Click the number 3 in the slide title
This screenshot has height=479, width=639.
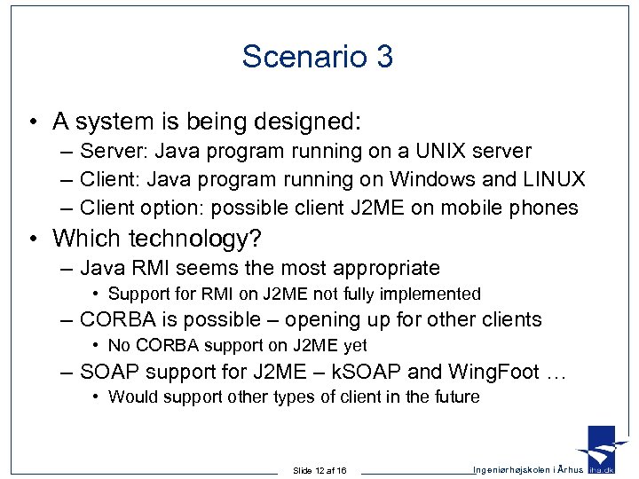[x=384, y=57]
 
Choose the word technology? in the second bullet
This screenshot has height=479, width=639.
[x=199, y=238]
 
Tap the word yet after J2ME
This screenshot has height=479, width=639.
[x=353, y=345]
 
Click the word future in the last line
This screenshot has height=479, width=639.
[x=456, y=397]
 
